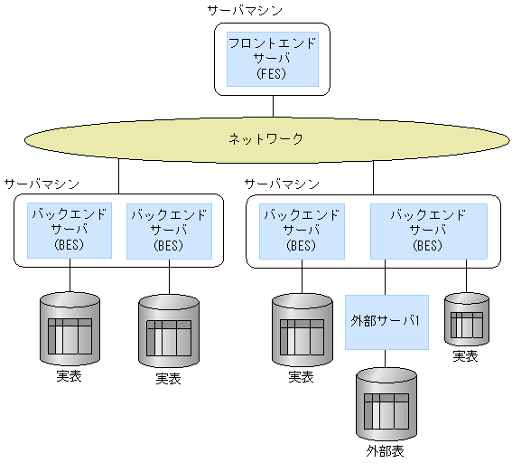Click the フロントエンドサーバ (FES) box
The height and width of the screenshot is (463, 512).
click(x=272, y=59)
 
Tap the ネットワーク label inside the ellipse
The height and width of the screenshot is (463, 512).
click(x=265, y=139)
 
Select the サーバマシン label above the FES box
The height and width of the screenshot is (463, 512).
click(x=244, y=11)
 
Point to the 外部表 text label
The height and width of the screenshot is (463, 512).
click(x=386, y=449)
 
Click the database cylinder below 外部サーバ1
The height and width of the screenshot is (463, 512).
click(x=386, y=402)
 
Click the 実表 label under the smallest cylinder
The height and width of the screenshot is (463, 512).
click(x=465, y=356)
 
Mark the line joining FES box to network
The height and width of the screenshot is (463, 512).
click(x=272, y=105)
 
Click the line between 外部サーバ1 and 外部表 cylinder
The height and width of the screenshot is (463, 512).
click(x=386, y=359)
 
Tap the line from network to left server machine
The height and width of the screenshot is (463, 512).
click(x=118, y=176)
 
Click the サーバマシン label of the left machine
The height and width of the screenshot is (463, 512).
click(x=41, y=184)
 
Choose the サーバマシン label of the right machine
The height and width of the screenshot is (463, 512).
click(x=282, y=184)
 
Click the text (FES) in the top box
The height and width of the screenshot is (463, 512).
click(x=271, y=74)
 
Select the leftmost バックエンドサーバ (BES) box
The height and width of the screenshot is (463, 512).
click(x=70, y=231)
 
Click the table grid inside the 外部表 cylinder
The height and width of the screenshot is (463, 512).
click(x=386, y=411)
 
